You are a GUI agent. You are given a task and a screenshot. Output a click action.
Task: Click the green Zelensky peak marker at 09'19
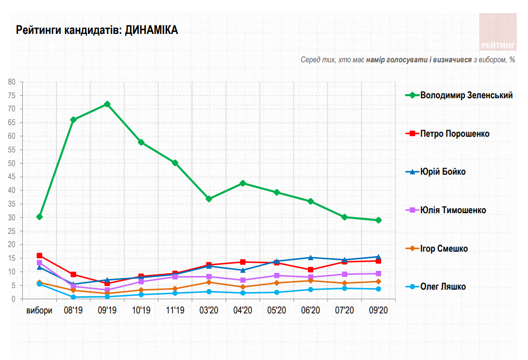click(107, 104)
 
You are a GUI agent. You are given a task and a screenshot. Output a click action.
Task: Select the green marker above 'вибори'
click(39, 217)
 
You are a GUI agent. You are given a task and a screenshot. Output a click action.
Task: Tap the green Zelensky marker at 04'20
click(243, 183)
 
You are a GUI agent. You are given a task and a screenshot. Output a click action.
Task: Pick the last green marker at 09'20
click(379, 220)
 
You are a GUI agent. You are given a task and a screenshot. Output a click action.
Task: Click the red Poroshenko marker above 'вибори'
click(39, 256)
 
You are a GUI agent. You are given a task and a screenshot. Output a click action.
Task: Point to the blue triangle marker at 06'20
click(311, 258)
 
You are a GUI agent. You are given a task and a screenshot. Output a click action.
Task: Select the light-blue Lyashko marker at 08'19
click(73, 297)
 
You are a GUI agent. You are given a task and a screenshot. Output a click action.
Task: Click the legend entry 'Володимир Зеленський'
click(466, 95)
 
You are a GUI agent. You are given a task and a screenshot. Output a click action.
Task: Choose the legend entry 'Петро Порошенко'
click(455, 134)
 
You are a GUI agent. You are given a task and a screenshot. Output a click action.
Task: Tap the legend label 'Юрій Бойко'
click(443, 172)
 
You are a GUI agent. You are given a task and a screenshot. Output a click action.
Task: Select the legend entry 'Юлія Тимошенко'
click(453, 210)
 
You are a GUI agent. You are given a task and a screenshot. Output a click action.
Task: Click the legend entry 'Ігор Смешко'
click(444, 249)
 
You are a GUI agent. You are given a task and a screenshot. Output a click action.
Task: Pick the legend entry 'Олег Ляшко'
click(443, 287)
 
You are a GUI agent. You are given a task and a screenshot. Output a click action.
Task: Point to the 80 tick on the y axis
click(12, 82)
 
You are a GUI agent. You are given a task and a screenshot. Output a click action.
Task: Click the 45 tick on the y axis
click(12, 177)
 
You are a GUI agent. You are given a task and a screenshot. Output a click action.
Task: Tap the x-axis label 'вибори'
click(39, 310)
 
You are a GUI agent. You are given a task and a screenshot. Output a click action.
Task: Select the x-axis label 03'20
click(209, 310)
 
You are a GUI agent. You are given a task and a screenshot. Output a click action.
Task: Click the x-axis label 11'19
click(175, 310)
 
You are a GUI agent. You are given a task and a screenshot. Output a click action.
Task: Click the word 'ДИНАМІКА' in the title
click(151, 30)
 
